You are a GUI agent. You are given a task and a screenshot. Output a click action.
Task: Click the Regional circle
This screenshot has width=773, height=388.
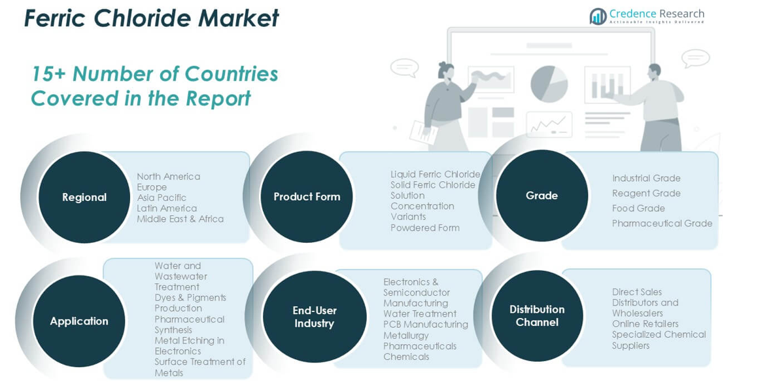pyautogui.click(x=84, y=197)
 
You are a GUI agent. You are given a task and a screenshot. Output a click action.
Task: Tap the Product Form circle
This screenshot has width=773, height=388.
pyautogui.click(x=307, y=197)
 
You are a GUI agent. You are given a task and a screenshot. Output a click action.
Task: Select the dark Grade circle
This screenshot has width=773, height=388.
pyautogui.click(x=541, y=196)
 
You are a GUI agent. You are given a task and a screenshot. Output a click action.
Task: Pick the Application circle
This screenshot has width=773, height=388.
pyautogui.click(x=79, y=321)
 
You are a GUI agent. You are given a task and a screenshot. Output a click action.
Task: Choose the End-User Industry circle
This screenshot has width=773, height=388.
pyautogui.click(x=315, y=317)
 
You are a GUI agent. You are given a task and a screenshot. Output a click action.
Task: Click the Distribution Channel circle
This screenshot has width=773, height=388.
pyautogui.click(x=538, y=315)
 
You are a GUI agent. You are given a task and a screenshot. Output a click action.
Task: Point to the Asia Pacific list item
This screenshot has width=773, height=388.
pyautogui.click(x=162, y=198)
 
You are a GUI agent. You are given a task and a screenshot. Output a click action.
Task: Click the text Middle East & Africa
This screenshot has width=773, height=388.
pyautogui.click(x=180, y=219)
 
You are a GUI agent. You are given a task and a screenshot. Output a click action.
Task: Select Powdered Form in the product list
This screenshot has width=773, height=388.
pyautogui.click(x=425, y=228)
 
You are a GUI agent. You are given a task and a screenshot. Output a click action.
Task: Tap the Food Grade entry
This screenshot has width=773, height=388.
pyautogui.click(x=638, y=208)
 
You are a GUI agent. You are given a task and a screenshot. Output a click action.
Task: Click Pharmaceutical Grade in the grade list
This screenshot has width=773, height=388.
pyautogui.click(x=662, y=223)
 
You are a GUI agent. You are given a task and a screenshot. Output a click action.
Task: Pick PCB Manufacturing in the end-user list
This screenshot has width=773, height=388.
pyautogui.click(x=426, y=325)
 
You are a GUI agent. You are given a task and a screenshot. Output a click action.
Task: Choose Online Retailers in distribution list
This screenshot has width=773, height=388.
pyautogui.click(x=645, y=324)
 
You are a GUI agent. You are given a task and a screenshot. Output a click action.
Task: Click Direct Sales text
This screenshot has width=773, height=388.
pyautogui.click(x=637, y=292)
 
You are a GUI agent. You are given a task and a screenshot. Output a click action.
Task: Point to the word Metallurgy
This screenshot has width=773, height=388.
pyautogui.click(x=406, y=335)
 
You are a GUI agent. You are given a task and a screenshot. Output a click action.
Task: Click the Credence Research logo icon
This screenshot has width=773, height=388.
pyautogui.click(x=598, y=17)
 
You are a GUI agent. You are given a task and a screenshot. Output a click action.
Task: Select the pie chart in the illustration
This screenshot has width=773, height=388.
pyautogui.click(x=549, y=84)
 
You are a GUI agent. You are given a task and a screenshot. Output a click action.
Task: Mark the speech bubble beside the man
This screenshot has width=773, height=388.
pyautogui.click(x=696, y=59)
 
